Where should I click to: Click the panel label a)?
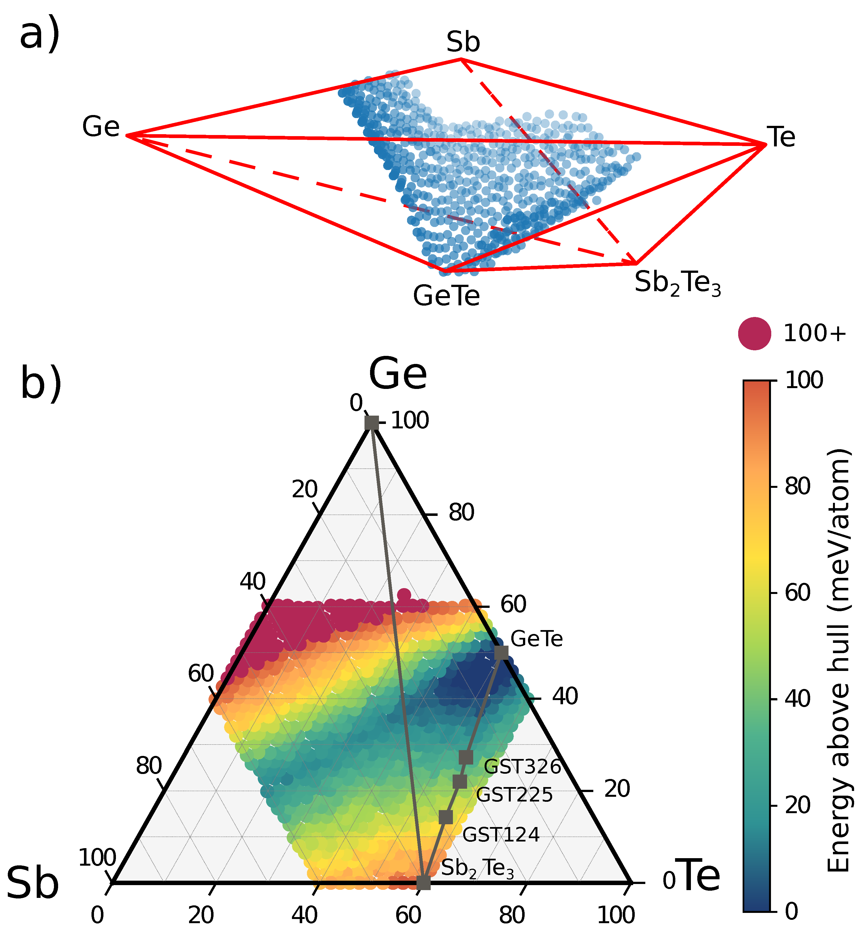[40, 36]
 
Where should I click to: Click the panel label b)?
[41, 385]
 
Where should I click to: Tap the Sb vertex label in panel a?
[463, 42]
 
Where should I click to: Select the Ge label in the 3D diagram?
[101, 127]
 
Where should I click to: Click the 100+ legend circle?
[754, 334]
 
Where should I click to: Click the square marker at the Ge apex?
[372, 423]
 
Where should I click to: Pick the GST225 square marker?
[460, 781]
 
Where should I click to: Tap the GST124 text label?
[501, 835]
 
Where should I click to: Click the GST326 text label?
[522, 767]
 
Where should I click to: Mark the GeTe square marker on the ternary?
[501, 653]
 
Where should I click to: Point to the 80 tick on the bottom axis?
[512, 915]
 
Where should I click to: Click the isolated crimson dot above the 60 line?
[404, 595]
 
